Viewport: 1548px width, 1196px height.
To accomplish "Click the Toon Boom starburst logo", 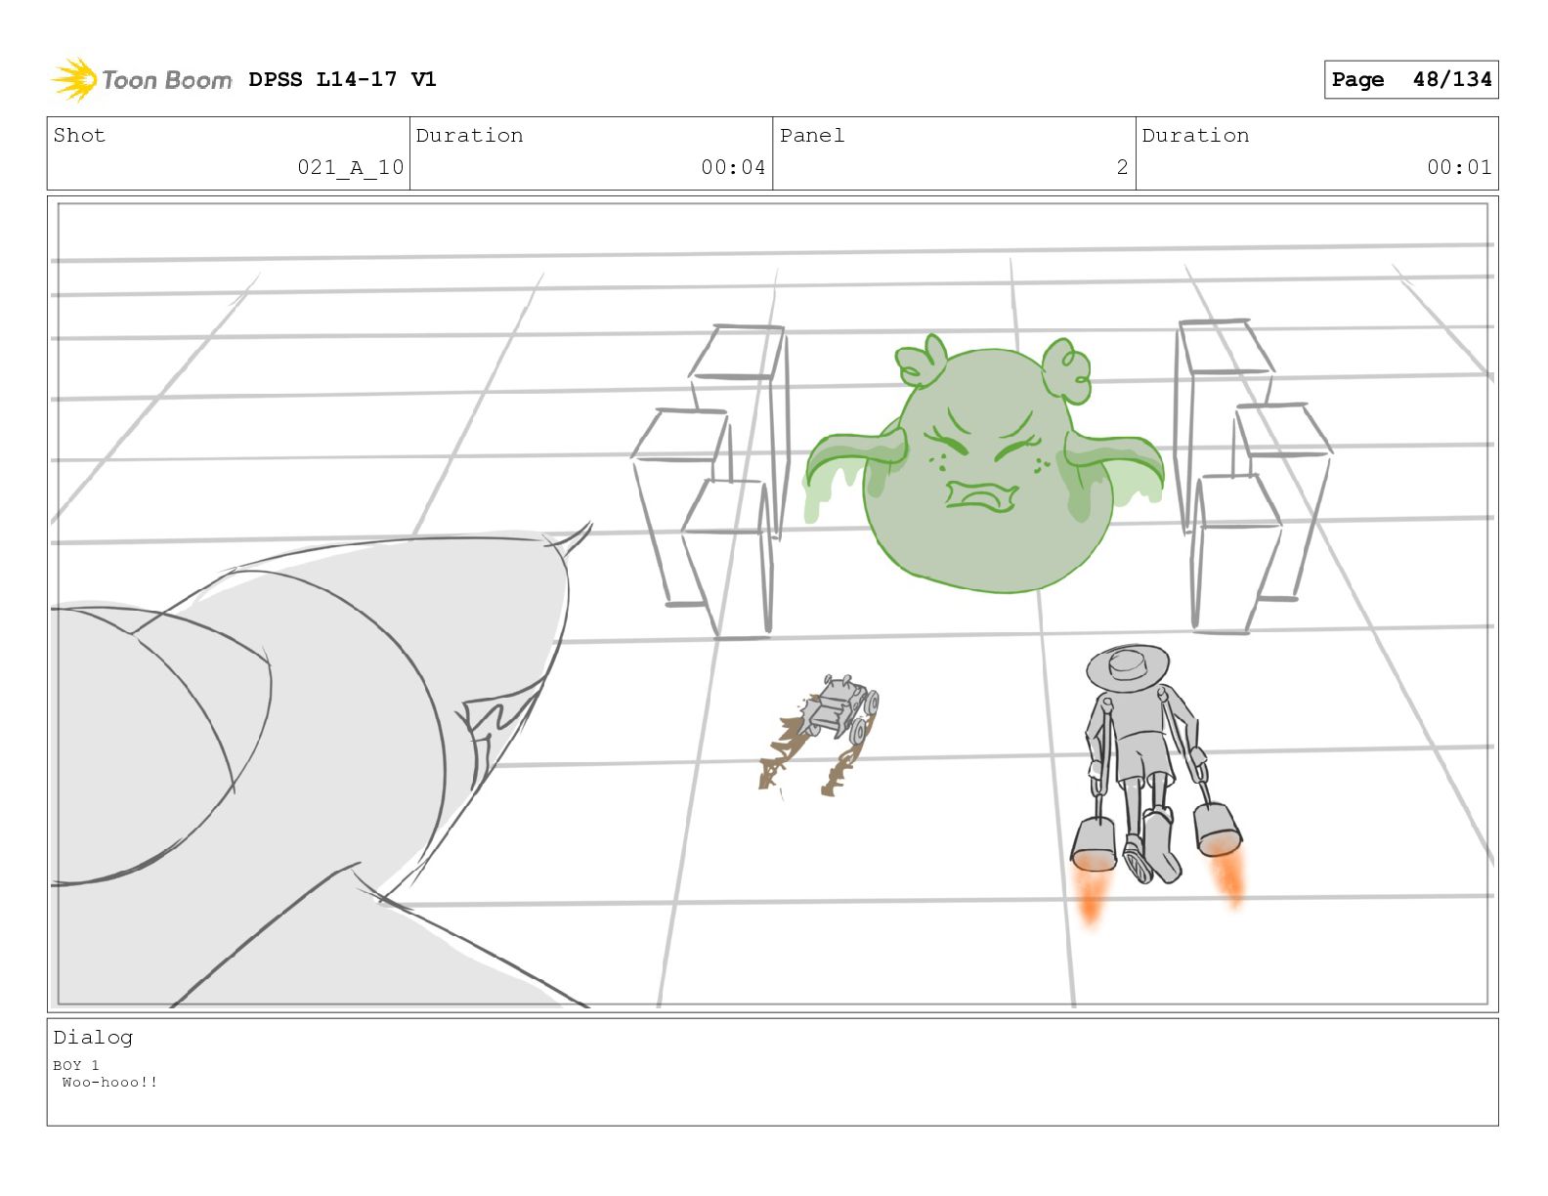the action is tap(74, 80).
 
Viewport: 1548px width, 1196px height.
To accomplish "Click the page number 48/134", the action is tap(1452, 79).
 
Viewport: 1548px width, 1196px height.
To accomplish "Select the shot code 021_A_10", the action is tap(351, 167).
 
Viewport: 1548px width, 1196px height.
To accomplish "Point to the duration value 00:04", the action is tap(733, 167).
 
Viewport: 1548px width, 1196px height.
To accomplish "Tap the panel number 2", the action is tap(1122, 167).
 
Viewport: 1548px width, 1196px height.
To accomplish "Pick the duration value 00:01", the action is tap(1459, 167).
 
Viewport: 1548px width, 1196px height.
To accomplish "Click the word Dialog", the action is tap(93, 1038).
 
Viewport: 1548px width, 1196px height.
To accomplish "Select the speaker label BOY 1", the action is tap(75, 1065).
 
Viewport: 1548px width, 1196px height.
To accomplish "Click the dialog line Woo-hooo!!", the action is tap(109, 1082).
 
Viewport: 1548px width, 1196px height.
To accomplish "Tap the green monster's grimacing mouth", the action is tap(981, 496).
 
